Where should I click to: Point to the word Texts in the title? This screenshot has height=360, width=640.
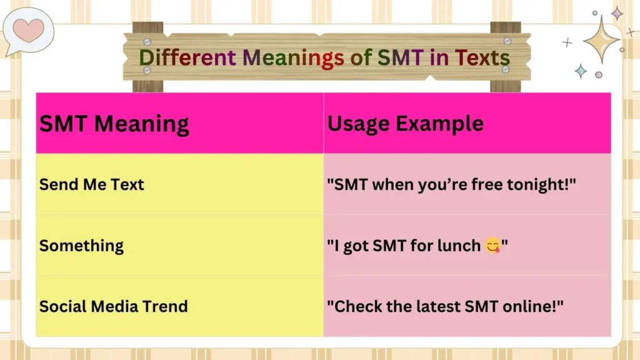[x=482, y=57]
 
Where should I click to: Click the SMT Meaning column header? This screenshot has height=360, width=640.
[x=114, y=124]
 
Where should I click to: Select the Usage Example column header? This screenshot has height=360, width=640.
[x=405, y=124]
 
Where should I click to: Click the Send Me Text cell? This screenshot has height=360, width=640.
[x=91, y=184]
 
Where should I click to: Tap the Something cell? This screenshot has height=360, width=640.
[x=81, y=246]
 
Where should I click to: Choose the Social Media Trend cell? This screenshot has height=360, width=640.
[x=113, y=306]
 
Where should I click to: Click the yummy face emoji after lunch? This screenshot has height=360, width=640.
[x=492, y=246]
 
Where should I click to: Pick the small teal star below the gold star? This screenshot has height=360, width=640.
[x=581, y=71]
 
